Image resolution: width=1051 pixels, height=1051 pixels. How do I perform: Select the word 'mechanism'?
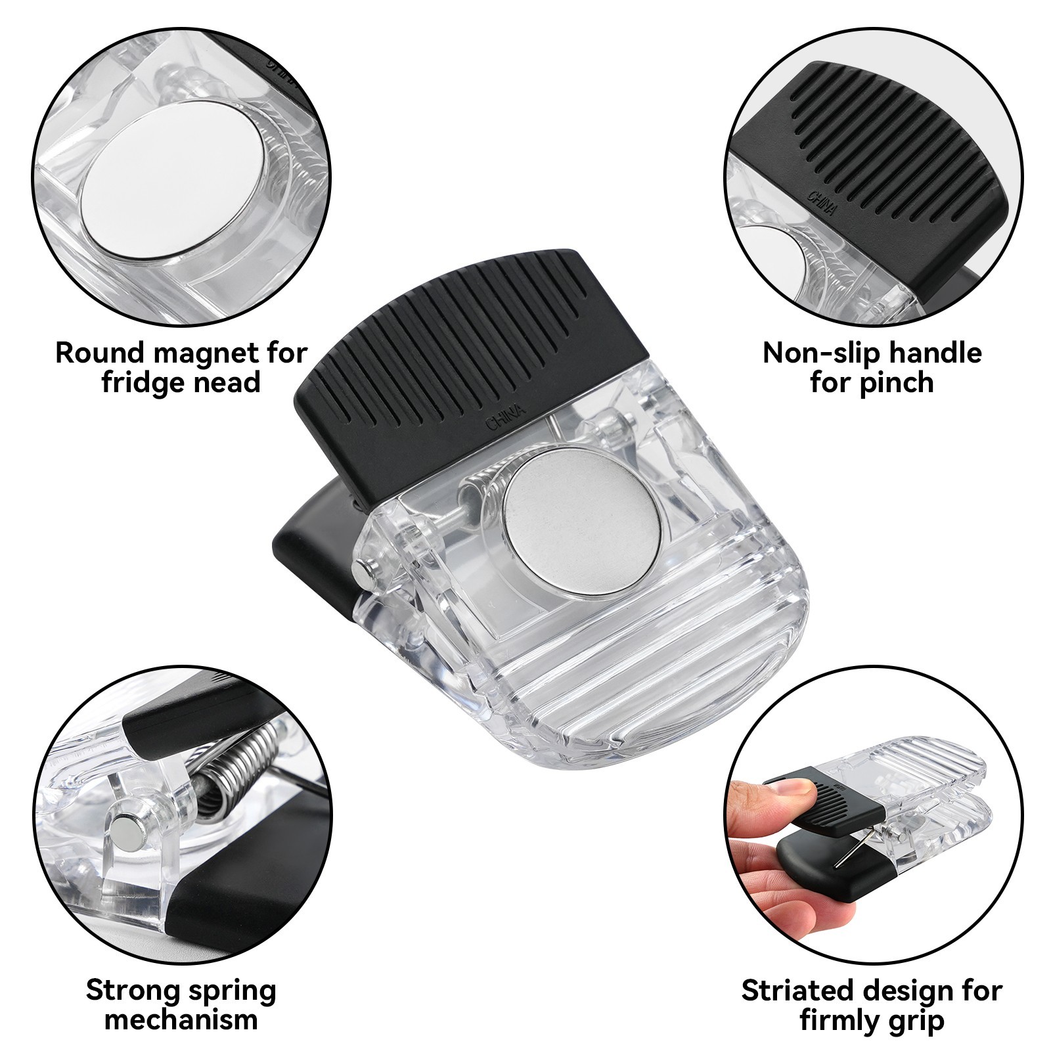(181, 1020)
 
